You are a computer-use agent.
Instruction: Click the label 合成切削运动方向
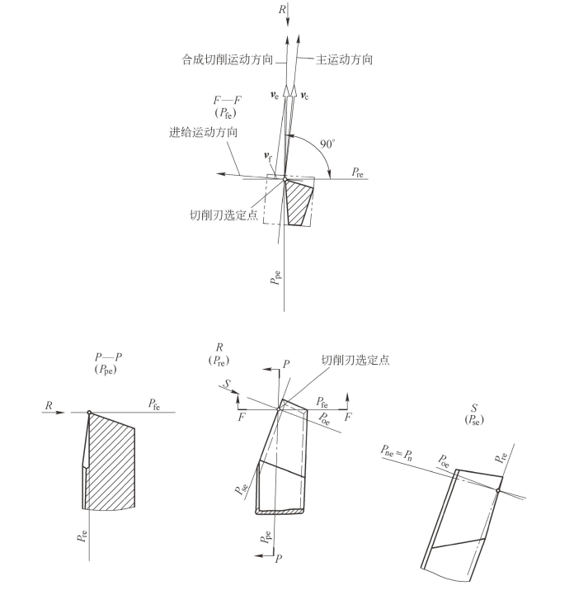point(227,60)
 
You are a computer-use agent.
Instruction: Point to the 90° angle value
point(327,144)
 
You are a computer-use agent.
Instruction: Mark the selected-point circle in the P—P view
point(89,412)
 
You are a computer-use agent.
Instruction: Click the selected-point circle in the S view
point(498,490)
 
